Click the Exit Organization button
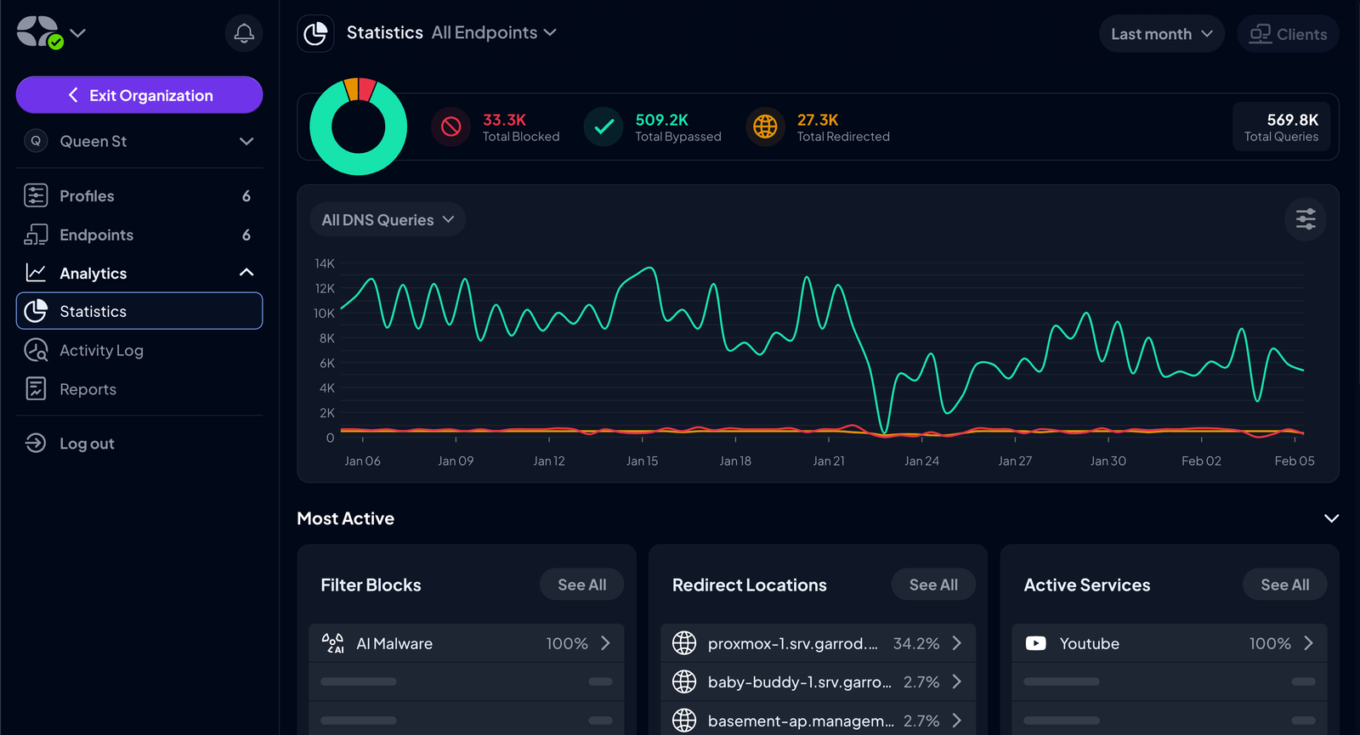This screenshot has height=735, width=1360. (139, 95)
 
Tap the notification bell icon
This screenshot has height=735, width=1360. (244, 33)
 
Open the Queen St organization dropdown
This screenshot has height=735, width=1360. (139, 141)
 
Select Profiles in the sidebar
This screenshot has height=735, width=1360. (87, 196)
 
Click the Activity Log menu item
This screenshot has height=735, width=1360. (101, 350)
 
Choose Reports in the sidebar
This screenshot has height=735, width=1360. (88, 389)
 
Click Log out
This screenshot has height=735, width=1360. (86, 444)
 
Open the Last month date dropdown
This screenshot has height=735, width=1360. (1161, 34)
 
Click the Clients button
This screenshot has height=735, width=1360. (1288, 34)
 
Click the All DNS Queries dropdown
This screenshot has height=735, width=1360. (388, 220)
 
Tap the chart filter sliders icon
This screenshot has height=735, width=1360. (1306, 219)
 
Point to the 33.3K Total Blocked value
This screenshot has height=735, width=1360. (505, 120)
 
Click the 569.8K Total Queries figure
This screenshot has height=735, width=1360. (1292, 120)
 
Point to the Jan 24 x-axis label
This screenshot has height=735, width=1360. (921, 461)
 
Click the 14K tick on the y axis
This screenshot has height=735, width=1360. (325, 263)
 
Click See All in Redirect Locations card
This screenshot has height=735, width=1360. (932, 585)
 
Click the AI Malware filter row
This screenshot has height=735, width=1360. (466, 643)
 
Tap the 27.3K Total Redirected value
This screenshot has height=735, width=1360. (818, 120)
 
